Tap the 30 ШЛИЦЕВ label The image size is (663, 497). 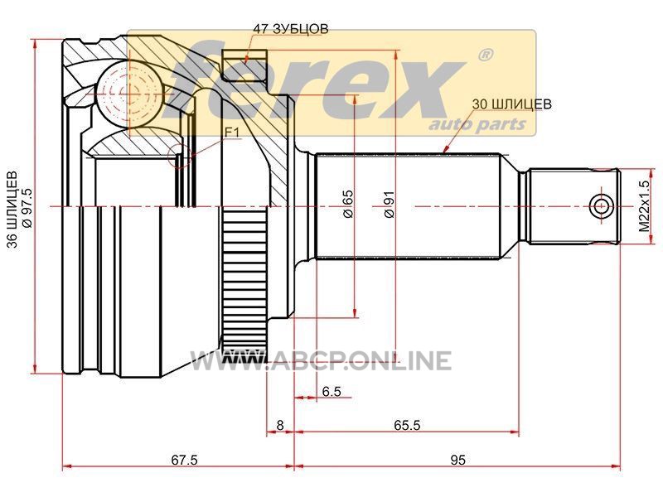point(511,104)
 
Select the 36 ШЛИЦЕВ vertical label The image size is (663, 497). point(13,210)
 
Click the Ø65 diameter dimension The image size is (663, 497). point(347,204)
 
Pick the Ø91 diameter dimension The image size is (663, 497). point(389,205)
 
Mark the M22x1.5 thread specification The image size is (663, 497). point(644,205)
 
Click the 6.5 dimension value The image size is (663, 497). point(331,391)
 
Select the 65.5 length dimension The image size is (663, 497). point(407,425)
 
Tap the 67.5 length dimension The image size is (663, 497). point(184,460)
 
